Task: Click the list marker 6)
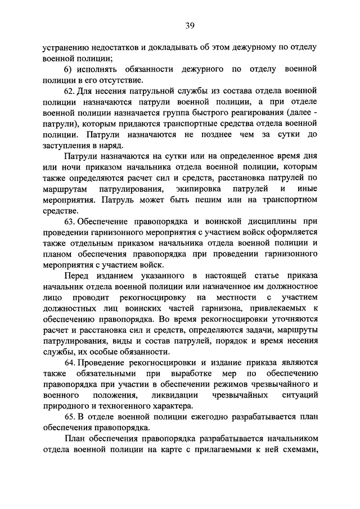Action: coord(68,68)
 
